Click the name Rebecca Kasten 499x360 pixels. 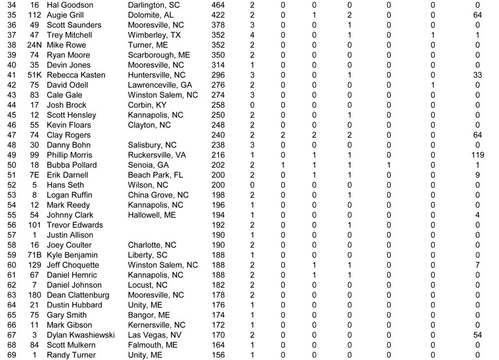[x=76, y=75]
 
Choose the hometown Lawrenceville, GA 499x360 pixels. [x=160, y=85]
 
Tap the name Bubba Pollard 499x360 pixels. [x=71, y=166]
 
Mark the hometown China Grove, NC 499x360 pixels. [x=159, y=196]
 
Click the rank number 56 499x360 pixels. [x=10, y=225]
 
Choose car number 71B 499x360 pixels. [x=34, y=255]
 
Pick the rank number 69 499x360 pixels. [x=10, y=355]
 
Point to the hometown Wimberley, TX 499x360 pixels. [x=155, y=35]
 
